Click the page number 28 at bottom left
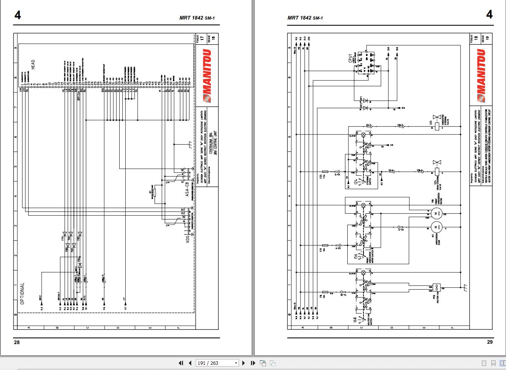17,342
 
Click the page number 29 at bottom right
489,342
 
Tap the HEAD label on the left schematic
33,65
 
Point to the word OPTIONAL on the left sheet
22,293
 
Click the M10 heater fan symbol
436,287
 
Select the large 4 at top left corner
18,15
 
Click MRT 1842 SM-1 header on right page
305,18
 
